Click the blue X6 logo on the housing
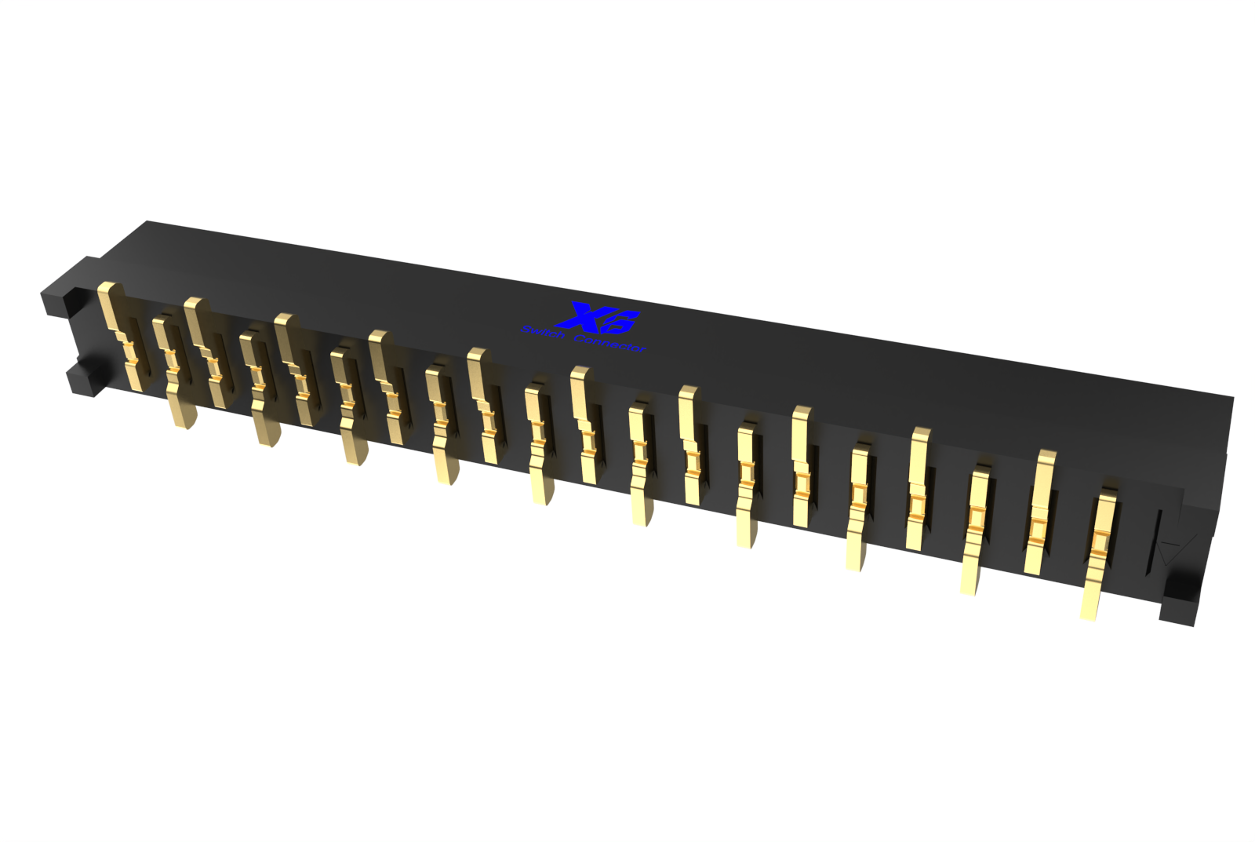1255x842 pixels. [598, 317]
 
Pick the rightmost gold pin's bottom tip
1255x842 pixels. [1088, 612]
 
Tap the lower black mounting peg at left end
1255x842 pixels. [82, 380]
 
